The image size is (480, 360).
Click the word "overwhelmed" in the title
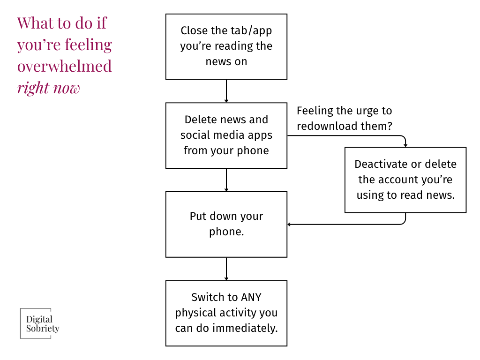click(64, 66)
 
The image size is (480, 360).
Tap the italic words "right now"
click(48, 88)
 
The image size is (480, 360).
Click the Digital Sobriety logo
click(40, 323)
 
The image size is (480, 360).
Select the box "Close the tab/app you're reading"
click(226, 46)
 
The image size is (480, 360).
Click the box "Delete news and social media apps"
click(226, 135)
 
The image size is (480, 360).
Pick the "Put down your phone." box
click(226, 224)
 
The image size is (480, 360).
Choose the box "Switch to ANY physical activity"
click(226, 313)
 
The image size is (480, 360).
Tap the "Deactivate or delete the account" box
click(405, 180)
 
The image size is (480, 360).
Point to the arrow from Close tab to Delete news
click(226, 91)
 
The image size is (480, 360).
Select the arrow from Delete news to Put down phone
click(226, 180)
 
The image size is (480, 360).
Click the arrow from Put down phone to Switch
click(226, 269)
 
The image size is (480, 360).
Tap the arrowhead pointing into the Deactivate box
click(405, 145)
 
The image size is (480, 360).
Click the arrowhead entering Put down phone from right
click(290, 225)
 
